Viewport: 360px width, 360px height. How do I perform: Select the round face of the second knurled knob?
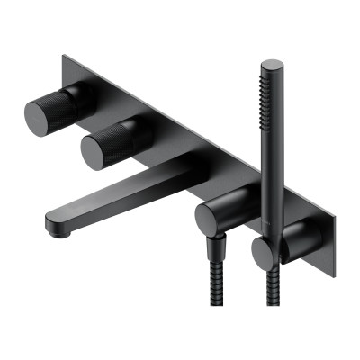98,149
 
